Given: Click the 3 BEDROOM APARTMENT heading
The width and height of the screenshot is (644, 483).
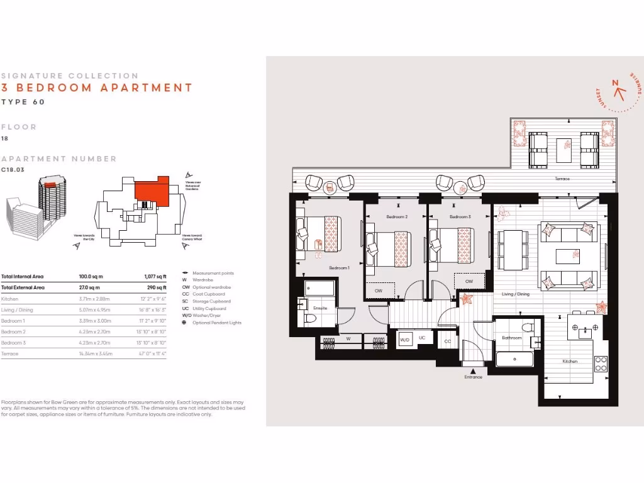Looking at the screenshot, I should coord(97,88).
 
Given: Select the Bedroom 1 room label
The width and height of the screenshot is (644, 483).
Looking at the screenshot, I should coord(339,268).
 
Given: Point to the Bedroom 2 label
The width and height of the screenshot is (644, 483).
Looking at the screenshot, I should coord(397,217).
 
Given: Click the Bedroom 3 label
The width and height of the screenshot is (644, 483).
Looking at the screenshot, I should coord(460,217).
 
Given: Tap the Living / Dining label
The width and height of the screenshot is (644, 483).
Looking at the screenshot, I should coord(515,294).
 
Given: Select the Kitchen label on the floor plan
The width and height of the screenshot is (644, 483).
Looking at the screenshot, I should coord(570,361).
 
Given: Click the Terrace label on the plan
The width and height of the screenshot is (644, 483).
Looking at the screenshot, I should coord(562,179).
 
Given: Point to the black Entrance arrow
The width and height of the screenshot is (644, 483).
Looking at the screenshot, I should coord(473,371).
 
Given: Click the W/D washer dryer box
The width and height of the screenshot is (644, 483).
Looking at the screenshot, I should coord(405,339).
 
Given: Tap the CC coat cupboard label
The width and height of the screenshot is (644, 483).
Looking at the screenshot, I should coord(448,341).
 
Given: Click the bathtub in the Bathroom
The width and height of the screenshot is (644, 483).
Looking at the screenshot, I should coord(514,360).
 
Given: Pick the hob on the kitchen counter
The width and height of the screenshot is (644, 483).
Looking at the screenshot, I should coord(601,364).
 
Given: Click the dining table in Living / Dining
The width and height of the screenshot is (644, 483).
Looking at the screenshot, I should coord(513,248).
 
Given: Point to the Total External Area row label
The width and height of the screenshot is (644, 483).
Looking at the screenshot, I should coord(24,287).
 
